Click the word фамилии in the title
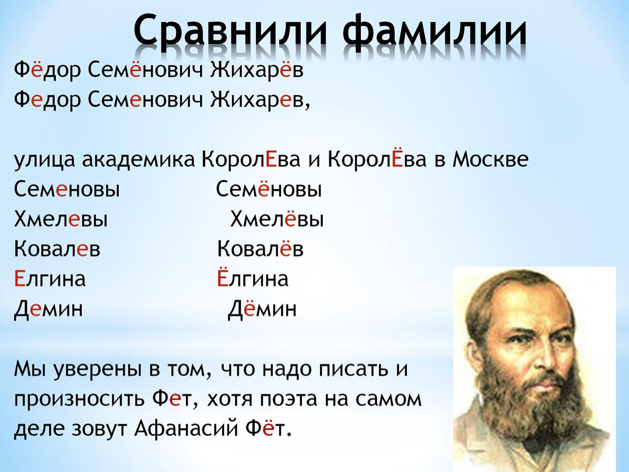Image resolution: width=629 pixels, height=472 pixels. [x=435, y=29]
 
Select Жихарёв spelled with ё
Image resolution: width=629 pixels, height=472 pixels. [x=257, y=70]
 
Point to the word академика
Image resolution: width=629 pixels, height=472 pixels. [x=138, y=160]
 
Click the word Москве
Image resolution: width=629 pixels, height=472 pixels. [x=490, y=160]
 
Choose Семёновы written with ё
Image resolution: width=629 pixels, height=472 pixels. [x=269, y=189]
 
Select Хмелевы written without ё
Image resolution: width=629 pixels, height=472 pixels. [x=61, y=219]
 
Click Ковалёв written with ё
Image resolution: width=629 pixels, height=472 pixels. [x=260, y=249]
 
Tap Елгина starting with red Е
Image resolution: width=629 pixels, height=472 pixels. [x=50, y=279]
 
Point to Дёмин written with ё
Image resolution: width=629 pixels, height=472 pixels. [x=263, y=309]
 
